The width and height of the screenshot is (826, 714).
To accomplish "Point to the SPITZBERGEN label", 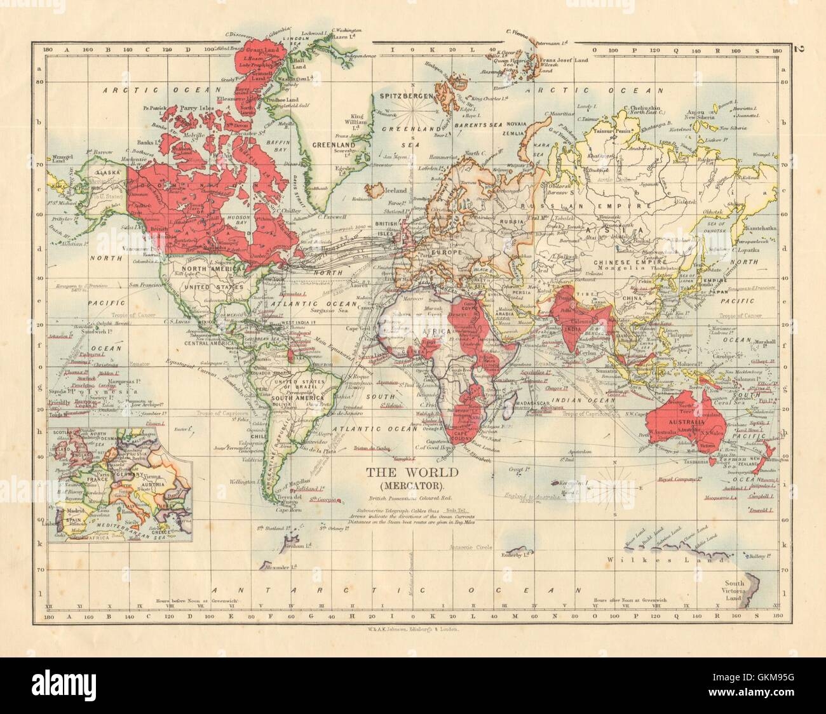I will (x=406, y=95).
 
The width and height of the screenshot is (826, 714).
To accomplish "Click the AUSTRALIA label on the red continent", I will (x=677, y=421).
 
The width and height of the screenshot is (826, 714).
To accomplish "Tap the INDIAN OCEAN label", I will (x=578, y=400).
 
